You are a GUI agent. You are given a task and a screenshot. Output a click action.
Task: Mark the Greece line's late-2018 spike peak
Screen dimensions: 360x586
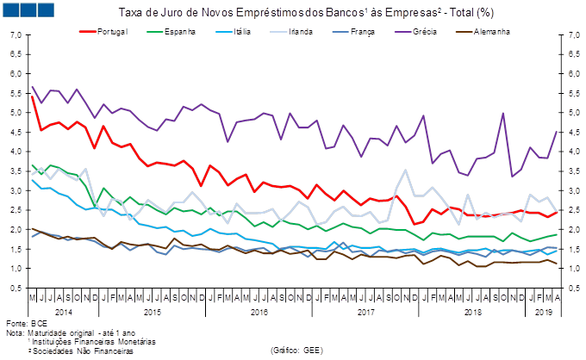click(x=502, y=113)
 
